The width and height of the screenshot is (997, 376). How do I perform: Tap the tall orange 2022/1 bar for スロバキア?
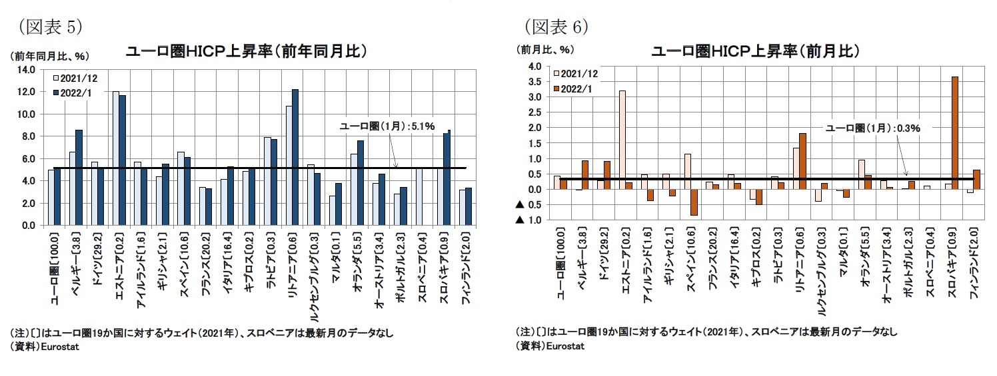click(x=955, y=132)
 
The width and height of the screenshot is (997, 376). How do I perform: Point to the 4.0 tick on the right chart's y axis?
click(x=532, y=67)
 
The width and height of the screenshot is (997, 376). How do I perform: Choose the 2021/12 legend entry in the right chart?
click(x=574, y=73)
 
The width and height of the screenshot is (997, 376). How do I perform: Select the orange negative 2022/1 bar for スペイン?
click(x=694, y=202)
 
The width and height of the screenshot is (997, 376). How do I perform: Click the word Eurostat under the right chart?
click(x=564, y=346)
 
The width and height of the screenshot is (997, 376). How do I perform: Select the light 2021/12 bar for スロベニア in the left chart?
click(x=419, y=197)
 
